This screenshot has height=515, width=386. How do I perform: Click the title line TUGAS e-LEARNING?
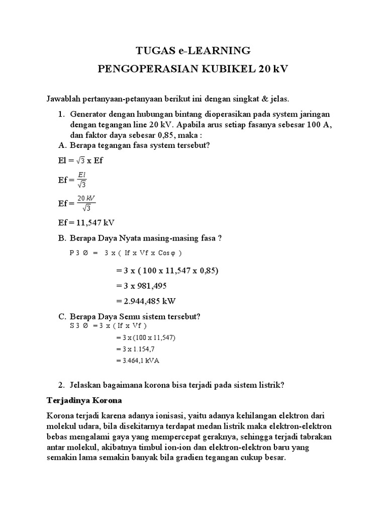click(x=193, y=50)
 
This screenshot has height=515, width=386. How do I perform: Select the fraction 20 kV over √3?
click(x=85, y=203)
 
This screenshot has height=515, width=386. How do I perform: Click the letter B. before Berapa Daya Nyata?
click(x=62, y=239)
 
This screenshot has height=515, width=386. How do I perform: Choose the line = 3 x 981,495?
click(x=141, y=286)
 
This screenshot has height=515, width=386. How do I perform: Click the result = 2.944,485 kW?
click(x=145, y=301)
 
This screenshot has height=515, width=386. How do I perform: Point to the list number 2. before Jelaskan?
click(x=62, y=385)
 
